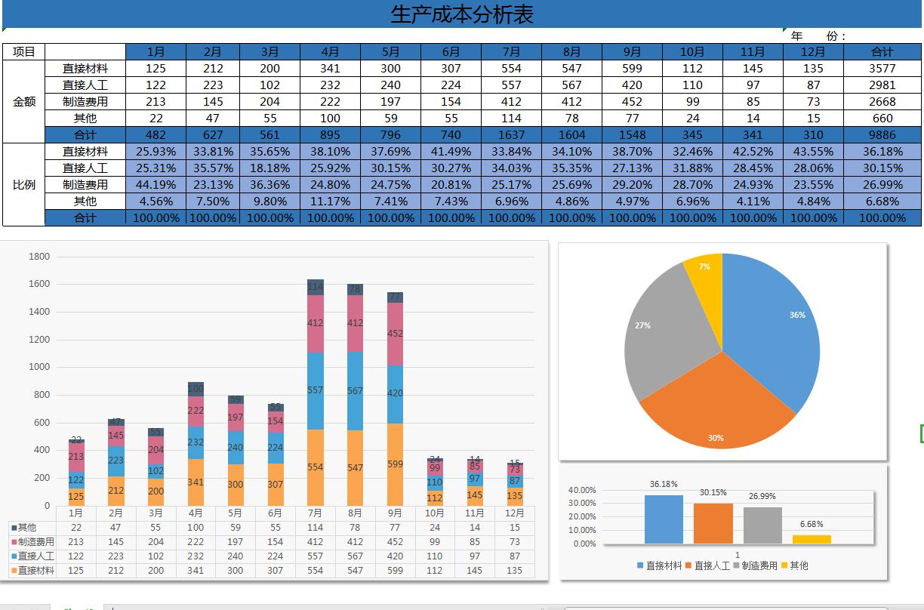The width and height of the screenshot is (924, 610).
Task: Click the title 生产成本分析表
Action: point(461,14)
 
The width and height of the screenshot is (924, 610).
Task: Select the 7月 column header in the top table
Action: point(511,52)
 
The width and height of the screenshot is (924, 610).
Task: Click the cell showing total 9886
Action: point(882,134)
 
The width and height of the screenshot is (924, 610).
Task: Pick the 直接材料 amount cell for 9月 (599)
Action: point(632,69)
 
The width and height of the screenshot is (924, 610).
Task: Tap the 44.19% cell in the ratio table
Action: point(156,185)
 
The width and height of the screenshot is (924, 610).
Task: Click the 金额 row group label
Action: point(24,101)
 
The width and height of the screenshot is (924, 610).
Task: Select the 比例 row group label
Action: point(24,185)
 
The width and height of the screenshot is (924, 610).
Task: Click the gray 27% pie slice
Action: point(664,332)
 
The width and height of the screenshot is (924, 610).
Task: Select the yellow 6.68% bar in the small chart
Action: point(812,539)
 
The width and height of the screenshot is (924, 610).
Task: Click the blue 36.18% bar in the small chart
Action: point(664,519)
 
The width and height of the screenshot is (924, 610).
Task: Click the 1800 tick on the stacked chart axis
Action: point(39,257)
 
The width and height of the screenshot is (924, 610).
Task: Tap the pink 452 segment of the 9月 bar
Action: point(395,334)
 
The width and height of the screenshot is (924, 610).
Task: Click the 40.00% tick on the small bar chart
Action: point(582,490)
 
